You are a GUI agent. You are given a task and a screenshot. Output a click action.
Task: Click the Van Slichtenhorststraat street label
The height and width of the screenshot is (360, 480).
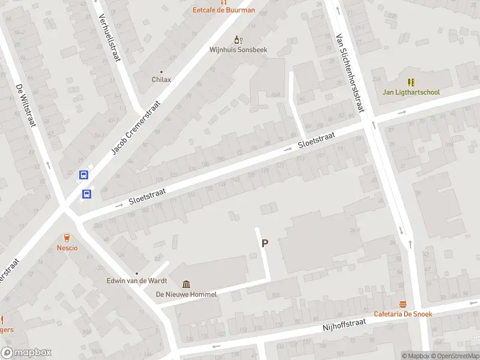coord(351,72)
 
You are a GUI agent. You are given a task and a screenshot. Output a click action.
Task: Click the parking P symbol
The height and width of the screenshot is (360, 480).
coord(264,243)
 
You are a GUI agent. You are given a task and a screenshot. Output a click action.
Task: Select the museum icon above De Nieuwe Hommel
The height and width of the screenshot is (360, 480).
coord(187,284)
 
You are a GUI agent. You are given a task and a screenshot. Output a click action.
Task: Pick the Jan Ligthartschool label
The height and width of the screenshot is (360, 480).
coord(411,92)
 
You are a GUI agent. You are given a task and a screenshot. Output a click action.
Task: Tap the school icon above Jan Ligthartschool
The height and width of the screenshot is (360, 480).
coord(411,82)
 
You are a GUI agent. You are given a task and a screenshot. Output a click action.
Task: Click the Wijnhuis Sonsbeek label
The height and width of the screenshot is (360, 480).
coord(238,50)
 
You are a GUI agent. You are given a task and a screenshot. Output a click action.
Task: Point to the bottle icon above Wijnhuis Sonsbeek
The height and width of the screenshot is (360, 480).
coord(238,40)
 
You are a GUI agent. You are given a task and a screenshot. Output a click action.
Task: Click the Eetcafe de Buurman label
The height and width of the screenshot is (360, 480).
coord(223,10)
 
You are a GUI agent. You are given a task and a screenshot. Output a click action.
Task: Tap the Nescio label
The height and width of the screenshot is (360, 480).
coord(67,248)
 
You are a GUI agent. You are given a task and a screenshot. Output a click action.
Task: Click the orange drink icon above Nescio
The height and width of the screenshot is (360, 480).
coord(67,237)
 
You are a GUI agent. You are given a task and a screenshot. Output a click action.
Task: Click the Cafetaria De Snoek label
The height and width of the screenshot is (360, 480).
coord(403,314)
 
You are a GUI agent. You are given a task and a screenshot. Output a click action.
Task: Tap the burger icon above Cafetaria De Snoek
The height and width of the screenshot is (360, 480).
coord(403,304)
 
